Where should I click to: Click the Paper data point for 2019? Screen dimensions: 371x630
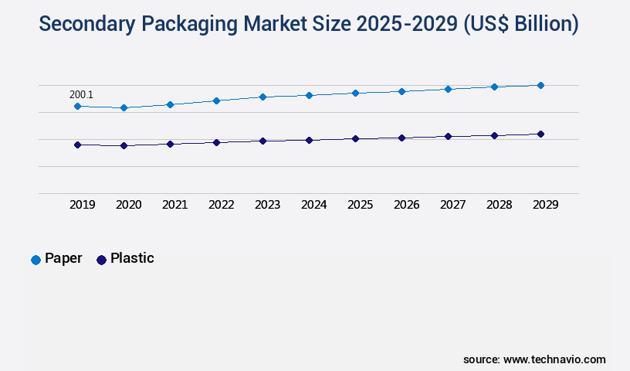tap(77, 106)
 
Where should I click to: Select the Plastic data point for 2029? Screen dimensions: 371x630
tap(540, 134)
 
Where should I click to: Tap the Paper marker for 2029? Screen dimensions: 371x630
tap(540, 85)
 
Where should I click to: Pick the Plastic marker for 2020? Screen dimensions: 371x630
tap(124, 145)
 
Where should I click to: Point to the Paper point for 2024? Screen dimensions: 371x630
tap(309, 95)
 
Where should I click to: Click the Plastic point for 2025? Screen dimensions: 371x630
tap(355, 138)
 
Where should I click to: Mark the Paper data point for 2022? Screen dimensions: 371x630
tap(216, 100)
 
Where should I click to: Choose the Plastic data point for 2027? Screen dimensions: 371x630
tap(448, 136)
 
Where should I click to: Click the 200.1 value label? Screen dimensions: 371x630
tap(81, 95)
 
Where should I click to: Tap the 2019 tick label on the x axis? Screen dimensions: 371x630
tap(83, 205)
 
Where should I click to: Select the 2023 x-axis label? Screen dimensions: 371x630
tap(268, 205)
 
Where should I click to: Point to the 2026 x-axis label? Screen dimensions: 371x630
tap(407, 205)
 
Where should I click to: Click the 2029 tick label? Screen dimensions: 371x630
tap(546, 205)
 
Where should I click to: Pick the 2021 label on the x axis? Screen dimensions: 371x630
tap(175, 205)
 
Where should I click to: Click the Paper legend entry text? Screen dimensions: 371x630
tap(63, 258)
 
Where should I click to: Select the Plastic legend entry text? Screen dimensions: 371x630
tap(132, 258)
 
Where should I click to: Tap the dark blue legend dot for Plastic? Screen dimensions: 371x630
tap(101, 260)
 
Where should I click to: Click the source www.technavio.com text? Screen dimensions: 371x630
tap(534, 359)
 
